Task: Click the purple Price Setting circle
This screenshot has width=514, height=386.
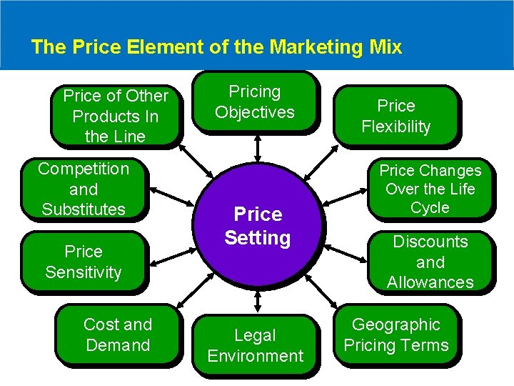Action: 258,225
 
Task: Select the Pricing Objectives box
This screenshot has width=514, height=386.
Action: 255,102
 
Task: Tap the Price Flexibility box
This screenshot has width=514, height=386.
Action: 396,116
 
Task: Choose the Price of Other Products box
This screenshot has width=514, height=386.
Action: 116,116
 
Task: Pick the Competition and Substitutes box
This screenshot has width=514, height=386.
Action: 84,189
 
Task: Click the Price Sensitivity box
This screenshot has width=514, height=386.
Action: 84,262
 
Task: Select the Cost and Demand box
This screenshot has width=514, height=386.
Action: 118,335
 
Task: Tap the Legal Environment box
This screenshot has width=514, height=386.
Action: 255,345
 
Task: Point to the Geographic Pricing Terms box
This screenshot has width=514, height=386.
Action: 396,335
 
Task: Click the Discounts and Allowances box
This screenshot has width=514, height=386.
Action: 430,262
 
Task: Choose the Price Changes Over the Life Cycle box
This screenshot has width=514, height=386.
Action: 430,189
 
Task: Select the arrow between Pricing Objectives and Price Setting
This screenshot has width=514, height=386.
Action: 257,146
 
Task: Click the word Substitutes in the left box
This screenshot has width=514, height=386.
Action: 84,209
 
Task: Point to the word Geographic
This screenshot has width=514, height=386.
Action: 396,325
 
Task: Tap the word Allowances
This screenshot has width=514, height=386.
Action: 430,282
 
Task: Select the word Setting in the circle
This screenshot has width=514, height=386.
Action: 258,237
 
